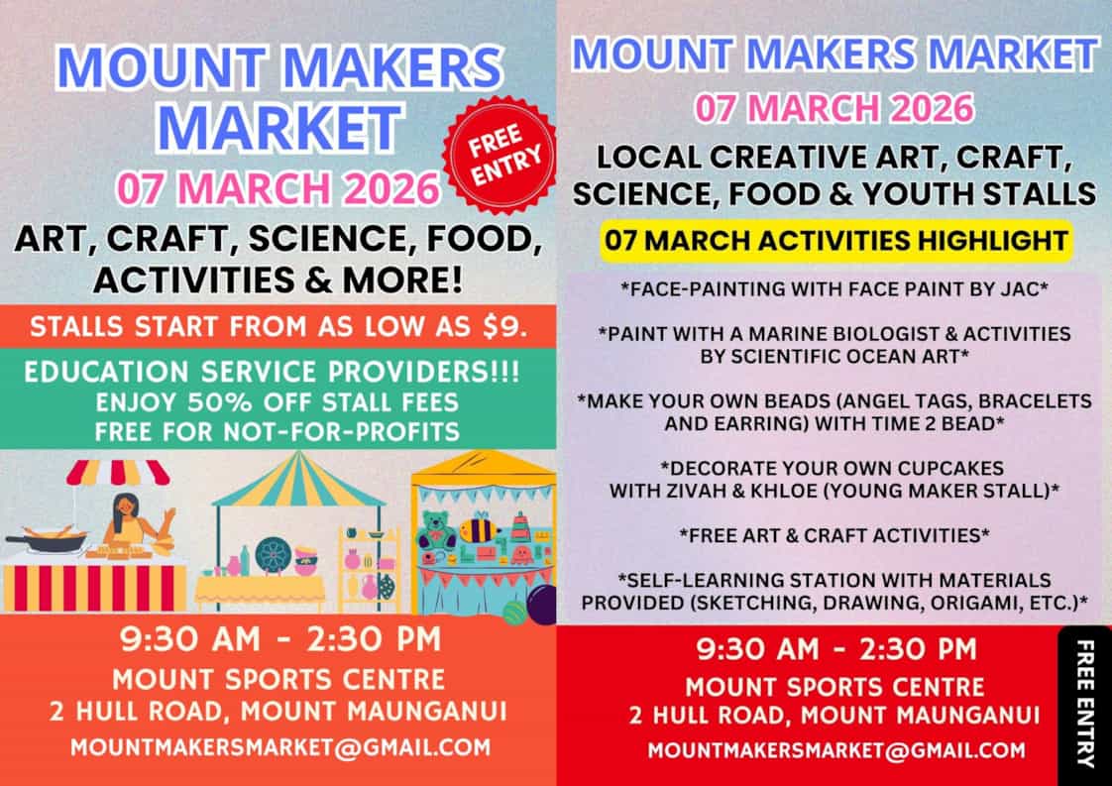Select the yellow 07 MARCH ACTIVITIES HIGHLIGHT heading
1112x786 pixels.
836,241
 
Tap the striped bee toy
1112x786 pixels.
480,528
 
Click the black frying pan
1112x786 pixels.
49,543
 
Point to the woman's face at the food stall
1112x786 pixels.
125,505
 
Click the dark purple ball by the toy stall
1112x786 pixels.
542,604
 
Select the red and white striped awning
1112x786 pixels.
119,473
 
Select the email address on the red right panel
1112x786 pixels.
836,750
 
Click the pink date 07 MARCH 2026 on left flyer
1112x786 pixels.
278,188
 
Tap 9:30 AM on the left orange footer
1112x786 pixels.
189,639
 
